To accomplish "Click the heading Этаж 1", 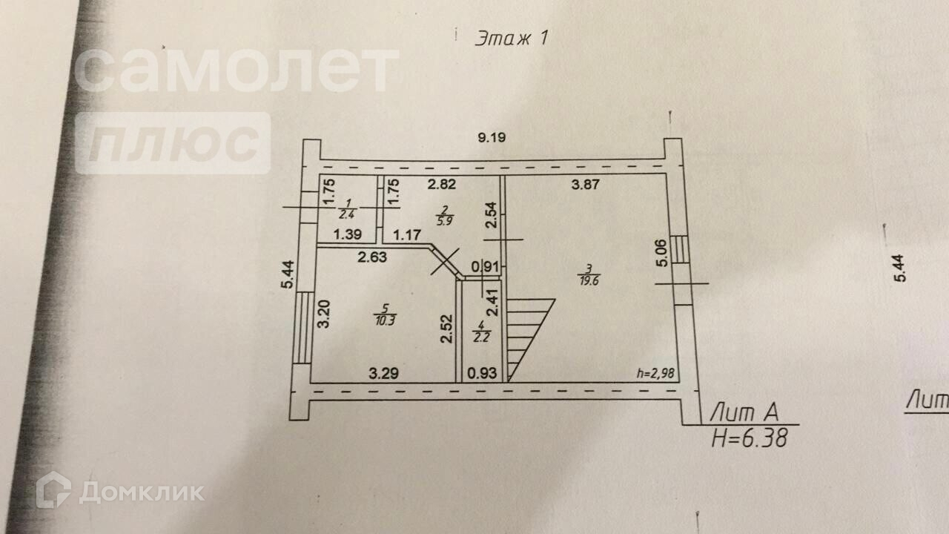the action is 511,39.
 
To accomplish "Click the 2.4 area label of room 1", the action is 345,215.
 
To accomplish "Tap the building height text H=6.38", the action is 748,438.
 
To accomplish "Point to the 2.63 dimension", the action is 374,257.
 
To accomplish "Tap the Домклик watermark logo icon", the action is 53,490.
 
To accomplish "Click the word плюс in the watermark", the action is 173,143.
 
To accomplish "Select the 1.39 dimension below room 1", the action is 347,235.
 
